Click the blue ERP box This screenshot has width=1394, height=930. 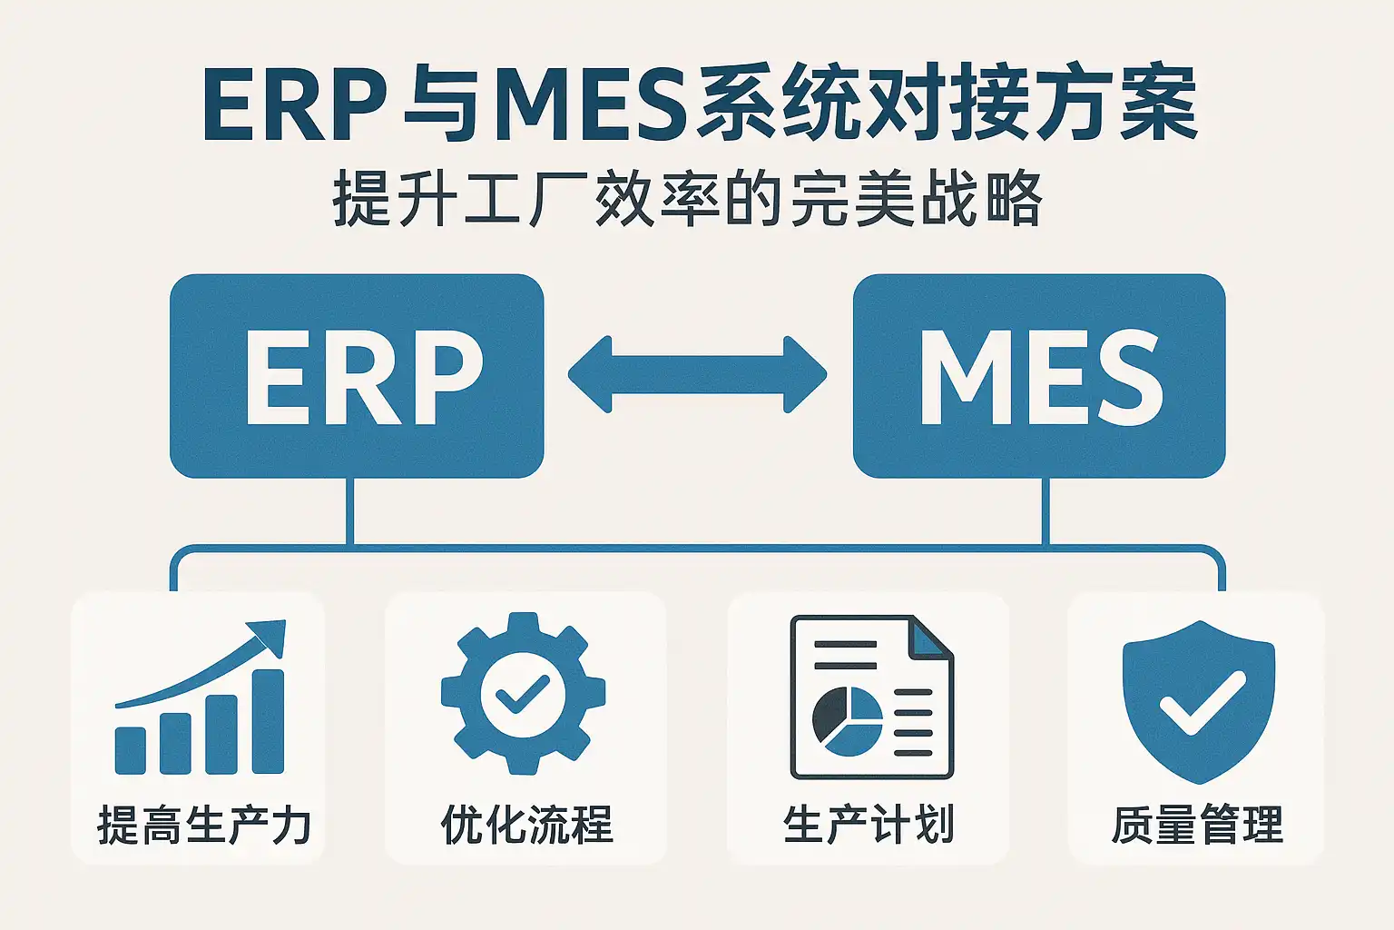point(357,376)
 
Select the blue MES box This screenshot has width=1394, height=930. point(1039,376)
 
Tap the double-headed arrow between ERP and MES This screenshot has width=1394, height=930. point(697,375)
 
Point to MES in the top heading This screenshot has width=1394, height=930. point(590,106)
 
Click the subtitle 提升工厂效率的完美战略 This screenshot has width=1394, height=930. point(688,200)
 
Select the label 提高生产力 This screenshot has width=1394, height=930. point(203,826)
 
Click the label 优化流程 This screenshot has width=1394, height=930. point(526,826)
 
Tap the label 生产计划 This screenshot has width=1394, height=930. point(869,826)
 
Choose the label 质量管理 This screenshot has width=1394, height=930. point(1197,826)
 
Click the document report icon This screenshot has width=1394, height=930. point(871,697)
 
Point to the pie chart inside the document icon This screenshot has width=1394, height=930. point(847,721)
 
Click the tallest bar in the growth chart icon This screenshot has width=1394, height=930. point(268,722)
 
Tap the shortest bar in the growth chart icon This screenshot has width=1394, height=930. point(130,750)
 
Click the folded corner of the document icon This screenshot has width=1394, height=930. point(930,637)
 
